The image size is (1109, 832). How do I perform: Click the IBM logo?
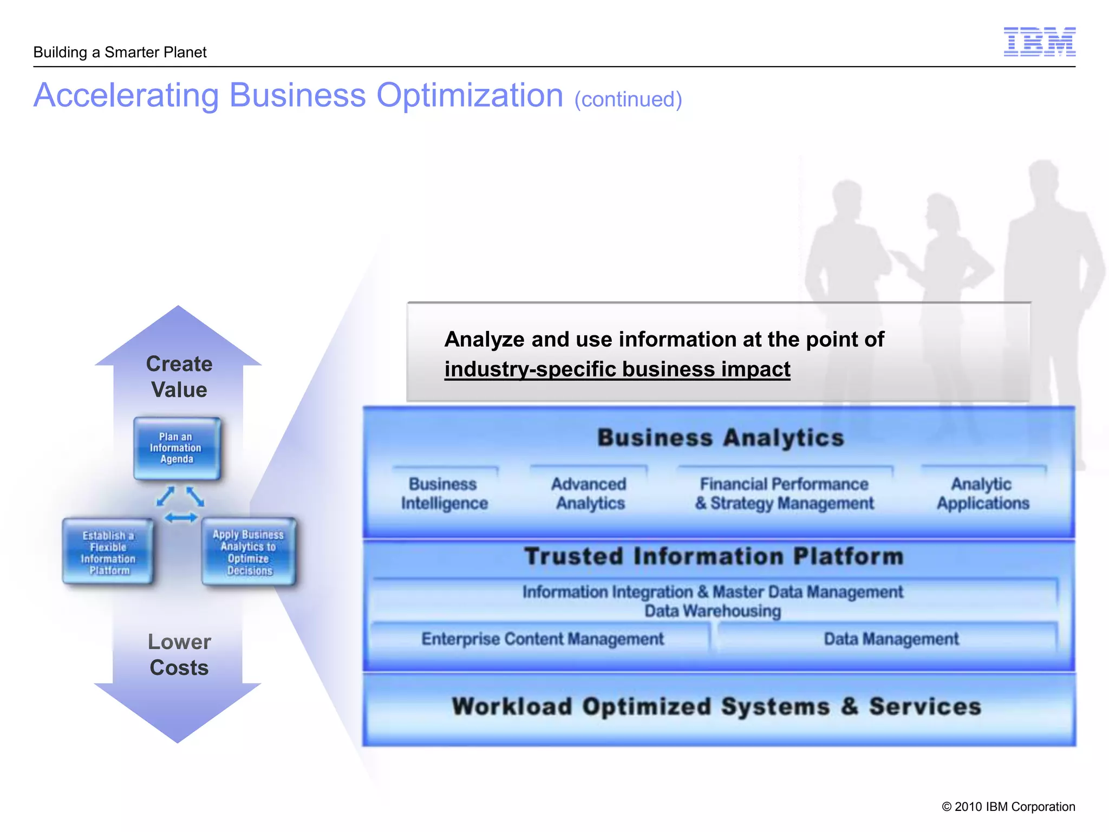pyautogui.click(x=1039, y=42)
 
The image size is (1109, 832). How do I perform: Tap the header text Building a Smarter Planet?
pyautogui.click(x=120, y=52)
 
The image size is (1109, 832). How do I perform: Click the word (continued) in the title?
pyautogui.click(x=628, y=100)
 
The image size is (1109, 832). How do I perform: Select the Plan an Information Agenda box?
pyautogui.click(x=177, y=448)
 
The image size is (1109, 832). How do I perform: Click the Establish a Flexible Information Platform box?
pyautogui.click(x=108, y=552)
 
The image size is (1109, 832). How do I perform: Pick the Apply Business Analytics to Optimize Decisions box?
pyautogui.click(x=249, y=552)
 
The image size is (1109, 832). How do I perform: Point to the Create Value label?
pyautogui.click(x=179, y=376)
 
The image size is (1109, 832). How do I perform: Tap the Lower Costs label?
pyautogui.click(x=179, y=654)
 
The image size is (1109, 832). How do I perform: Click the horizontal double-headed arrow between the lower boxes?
pyautogui.click(x=181, y=518)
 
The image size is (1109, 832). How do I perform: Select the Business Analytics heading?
pyautogui.click(x=720, y=438)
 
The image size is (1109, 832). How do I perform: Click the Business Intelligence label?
pyautogui.click(x=444, y=493)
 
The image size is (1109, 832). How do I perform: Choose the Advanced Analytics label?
pyautogui.click(x=590, y=493)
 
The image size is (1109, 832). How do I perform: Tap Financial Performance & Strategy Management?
pyautogui.click(x=784, y=493)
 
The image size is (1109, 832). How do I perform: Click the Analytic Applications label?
pyautogui.click(x=982, y=493)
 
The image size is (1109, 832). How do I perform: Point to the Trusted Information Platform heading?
pyautogui.click(x=714, y=557)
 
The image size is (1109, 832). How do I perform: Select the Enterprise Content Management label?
pyautogui.click(x=543, y=639)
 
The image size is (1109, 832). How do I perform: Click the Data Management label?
pyautogui.click(x=891, y=639)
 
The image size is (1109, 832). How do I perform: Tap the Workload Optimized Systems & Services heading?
pyautogui.click(x=716, y=707)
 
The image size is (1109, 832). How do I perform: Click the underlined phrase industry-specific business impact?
pyautogui.click(x=617, y=369)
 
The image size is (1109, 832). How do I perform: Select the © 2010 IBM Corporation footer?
pyautogui.click(x=1008, y=807)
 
